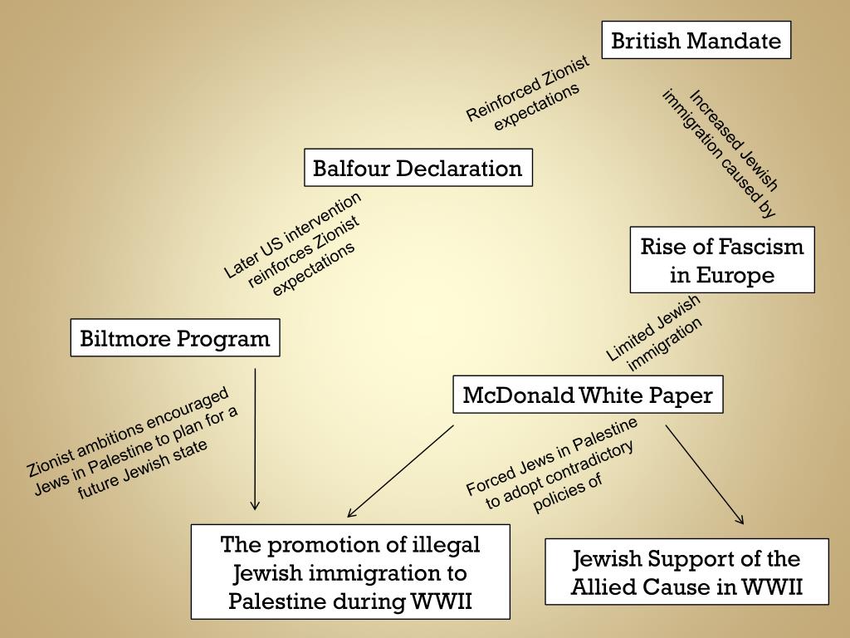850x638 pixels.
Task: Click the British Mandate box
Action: point(696,41)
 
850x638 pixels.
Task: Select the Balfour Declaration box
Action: point(418,168)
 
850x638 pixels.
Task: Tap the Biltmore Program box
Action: point(174,338)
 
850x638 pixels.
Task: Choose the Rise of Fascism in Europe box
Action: point(721,260)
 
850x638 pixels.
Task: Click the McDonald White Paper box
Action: point(587,395)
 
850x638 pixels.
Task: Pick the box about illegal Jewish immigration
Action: point(349,572)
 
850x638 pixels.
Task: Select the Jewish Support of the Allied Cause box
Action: point(686,572)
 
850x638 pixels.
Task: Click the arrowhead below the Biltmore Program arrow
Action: point(255,504)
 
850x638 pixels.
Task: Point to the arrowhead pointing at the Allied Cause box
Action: point(740,520)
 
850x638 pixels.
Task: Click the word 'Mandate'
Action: point(741,41)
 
